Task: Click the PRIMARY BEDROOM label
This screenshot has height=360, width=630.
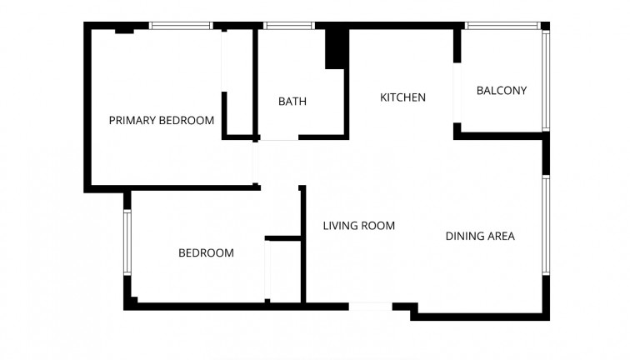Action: tap(162, 121)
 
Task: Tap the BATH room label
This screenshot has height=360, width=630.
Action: tap(292, 102)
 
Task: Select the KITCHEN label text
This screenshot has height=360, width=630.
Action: tap(402, 97)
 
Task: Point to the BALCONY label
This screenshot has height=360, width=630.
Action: tap(502, 91)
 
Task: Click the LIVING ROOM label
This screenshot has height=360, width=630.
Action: tap(358, 226)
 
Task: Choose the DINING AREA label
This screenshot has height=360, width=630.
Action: tap(480, 236)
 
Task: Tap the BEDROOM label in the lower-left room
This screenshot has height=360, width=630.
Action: tap(206, 252)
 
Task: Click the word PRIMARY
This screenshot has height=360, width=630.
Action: tap(132, 121)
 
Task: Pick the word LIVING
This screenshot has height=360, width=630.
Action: tap(340, 226)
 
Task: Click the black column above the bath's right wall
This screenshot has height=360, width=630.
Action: tap(336, 48)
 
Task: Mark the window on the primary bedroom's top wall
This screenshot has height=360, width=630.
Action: tap(181, 26)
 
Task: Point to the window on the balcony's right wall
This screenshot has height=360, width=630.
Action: tap(546, 80)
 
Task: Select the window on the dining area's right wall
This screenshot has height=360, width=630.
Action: tap(546, 224)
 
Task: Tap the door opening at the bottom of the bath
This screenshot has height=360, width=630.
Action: tap(278, 137)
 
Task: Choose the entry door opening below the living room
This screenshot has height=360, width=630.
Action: tap(370, 306)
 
